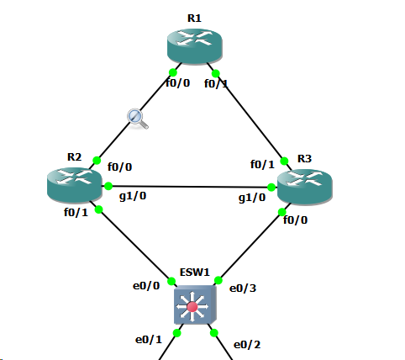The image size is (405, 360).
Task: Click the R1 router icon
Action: pos(195,46)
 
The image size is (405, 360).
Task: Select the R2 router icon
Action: pos(75,185)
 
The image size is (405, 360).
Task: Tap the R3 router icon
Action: pos(305,187)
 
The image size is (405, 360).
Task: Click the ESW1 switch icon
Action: pos(195,304)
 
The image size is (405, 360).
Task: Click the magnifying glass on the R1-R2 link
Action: pos(137,119)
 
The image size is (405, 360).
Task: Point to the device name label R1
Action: pos(194,19)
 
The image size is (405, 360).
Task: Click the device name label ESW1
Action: pos(195,273)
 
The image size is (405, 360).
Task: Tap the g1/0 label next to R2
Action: pos(133,196)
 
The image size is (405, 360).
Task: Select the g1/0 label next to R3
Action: pos(252,198)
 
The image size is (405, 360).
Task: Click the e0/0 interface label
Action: pos(146,286)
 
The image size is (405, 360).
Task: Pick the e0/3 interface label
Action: pos(243,289)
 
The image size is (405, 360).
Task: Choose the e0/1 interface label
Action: pos(149,340)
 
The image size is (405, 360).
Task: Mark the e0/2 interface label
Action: pos(247,345)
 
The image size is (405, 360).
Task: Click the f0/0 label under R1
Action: pos(178,83)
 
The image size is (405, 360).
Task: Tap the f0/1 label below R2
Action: pos(76,213)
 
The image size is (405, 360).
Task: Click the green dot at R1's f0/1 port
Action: pos(216,74)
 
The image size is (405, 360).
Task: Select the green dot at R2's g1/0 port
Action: pos(108,186)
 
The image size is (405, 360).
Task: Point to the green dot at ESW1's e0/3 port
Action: pos(218,280)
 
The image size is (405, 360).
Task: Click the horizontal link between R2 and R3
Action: pos(190,187)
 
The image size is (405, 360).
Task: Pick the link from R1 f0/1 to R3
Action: pos(250,117)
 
